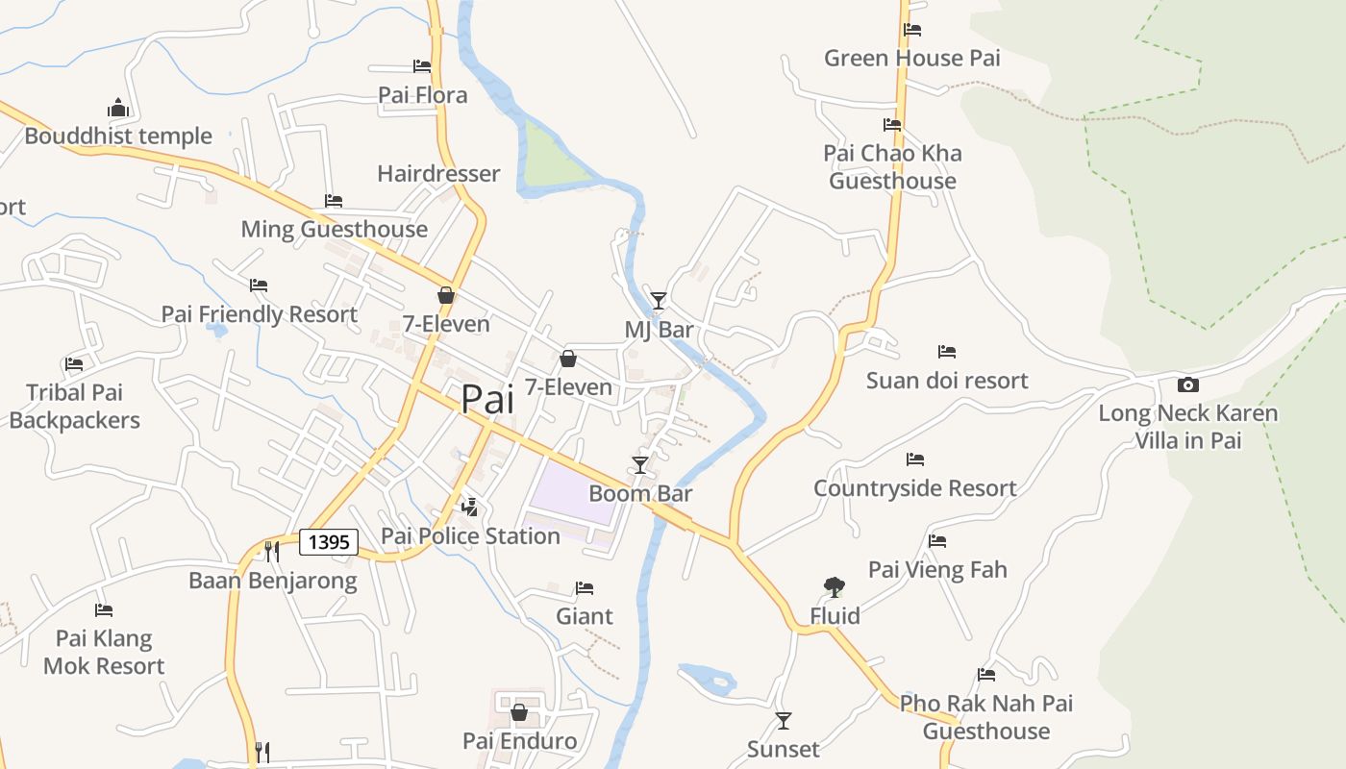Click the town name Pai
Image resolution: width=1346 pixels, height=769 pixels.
[x=487, y=399]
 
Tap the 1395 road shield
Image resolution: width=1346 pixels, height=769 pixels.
[x=329, y=542]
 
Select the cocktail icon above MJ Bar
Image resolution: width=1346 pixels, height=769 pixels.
[x=658, y=301]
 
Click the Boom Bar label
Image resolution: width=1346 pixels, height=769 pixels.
[x=640, y=493]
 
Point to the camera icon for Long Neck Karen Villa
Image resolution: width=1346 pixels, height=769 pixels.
[x=1188, y=384]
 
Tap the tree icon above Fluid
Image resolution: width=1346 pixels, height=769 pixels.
[x=835, y=586]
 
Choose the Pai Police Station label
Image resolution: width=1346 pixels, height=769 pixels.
[x=470, y=535]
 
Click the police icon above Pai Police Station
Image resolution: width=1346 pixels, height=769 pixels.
[x=470, y=507]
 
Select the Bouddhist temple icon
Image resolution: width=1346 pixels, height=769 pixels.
[x=118, y=107]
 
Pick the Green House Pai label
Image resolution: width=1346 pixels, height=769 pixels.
[x=911, y=58]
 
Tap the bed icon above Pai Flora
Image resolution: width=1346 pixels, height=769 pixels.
[x=422, y=66]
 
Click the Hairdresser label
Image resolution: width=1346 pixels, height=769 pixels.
[x=438, y=174]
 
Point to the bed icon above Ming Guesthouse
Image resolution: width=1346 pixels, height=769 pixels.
[x=334, y=201]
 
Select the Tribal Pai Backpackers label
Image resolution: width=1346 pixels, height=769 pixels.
[x=75, y=407]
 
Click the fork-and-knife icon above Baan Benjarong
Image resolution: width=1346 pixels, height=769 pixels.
[x=272, y=551]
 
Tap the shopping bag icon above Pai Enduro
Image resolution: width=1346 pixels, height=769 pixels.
[x=519, y=712]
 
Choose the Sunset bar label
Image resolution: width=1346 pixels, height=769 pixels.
[x=784, y=749]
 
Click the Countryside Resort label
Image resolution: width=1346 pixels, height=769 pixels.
[x=914, y=488]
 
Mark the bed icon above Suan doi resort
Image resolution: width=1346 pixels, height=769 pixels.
[x=947, y=352]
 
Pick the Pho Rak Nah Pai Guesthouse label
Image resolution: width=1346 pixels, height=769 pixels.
[x=986, y=717]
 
